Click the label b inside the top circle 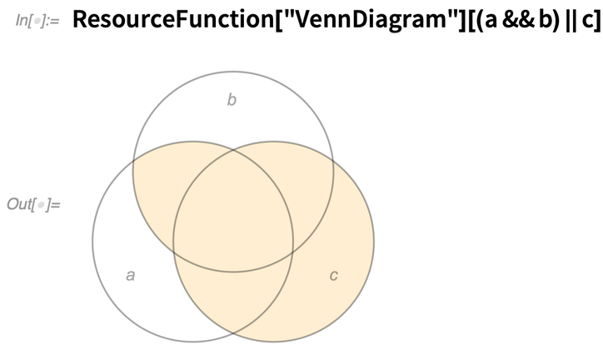232,100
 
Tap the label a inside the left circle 131,275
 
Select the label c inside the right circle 333,275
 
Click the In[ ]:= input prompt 37,20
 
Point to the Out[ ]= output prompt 34,204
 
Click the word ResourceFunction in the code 172,19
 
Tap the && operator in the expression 518,19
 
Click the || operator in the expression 570,20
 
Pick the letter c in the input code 588,21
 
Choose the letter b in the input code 545,19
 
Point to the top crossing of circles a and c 233,150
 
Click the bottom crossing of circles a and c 233,332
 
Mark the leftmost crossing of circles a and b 133,163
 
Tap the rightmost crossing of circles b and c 333,162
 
